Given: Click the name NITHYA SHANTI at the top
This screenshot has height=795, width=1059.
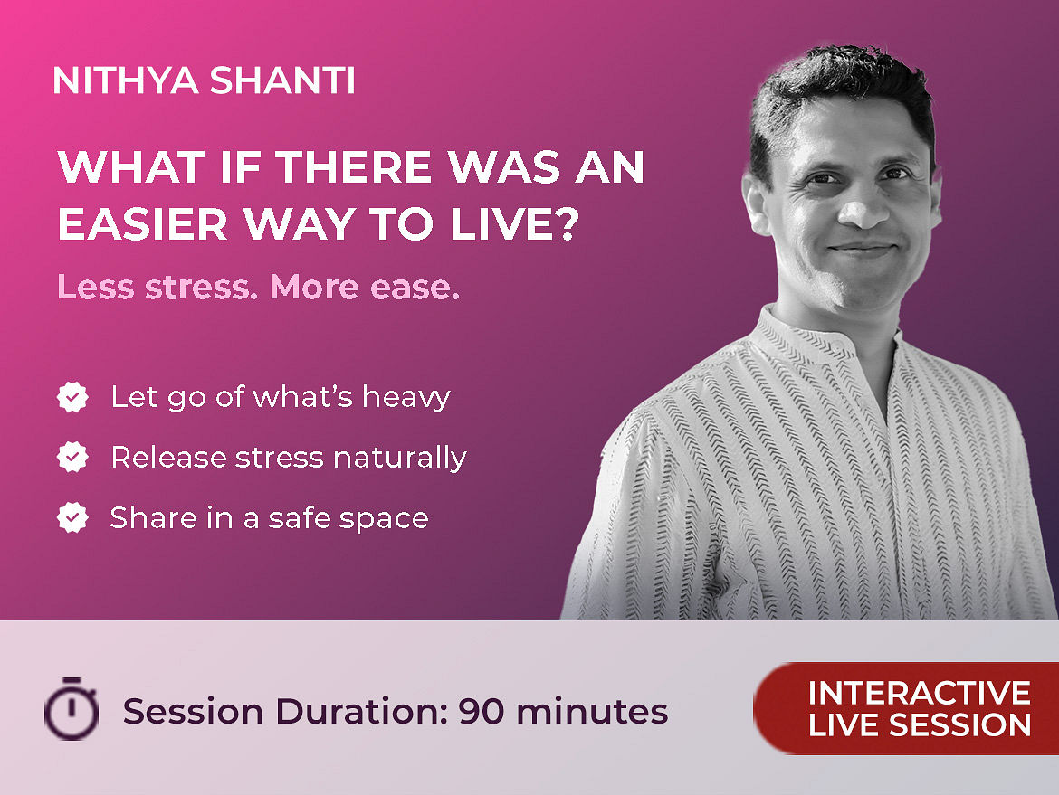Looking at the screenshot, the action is tap(204, 80).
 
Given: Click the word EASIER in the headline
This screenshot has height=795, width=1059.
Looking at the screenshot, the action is tap(143, 223).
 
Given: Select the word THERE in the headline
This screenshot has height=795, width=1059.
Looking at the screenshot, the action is tap(354, 166).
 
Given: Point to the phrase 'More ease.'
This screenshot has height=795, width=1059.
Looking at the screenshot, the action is tap(365, 287).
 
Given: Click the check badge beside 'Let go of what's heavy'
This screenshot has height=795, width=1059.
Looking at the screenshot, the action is tap(72, 397).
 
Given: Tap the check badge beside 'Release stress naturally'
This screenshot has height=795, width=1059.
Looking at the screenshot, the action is tap(72, 457).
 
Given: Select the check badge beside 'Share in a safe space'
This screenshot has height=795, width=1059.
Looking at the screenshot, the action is tap(72, 517).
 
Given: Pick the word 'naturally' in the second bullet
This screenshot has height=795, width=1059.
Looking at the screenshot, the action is tap(400, 459).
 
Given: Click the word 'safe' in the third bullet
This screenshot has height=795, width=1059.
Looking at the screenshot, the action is tap(300, 518).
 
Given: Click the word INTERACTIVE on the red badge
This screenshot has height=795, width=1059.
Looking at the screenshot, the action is tap(920, 693).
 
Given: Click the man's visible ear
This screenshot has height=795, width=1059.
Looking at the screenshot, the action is tap(757, 203).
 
